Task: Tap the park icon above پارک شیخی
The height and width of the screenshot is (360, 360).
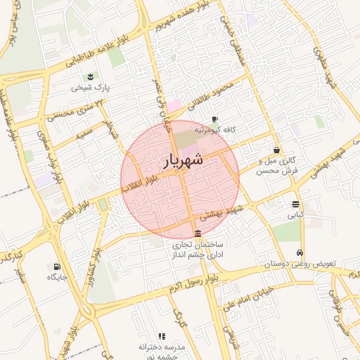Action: pyautogui.click(x=89, y=77)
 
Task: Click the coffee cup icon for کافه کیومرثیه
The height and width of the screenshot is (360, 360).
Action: pyautogui.click(x=214, y=119)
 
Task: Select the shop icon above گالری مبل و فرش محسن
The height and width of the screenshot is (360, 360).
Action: pyautogui.click(x=277, y=150)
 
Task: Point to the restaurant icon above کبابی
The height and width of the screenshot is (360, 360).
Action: pyautogui.click(x=295, y=205)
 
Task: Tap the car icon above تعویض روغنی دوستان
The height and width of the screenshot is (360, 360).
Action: pyautogui.click(x=300, y=253)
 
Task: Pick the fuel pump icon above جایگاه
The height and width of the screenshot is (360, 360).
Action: pyautogui.click(x=56, y=266)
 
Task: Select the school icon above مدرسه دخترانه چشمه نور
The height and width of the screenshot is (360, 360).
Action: pyautogui.click(x=162, y=337)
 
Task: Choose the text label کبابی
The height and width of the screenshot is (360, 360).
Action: pyautogui.click(x=295, y=216)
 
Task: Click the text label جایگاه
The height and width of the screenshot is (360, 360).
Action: pyautogui.click(x=56, y=278)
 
